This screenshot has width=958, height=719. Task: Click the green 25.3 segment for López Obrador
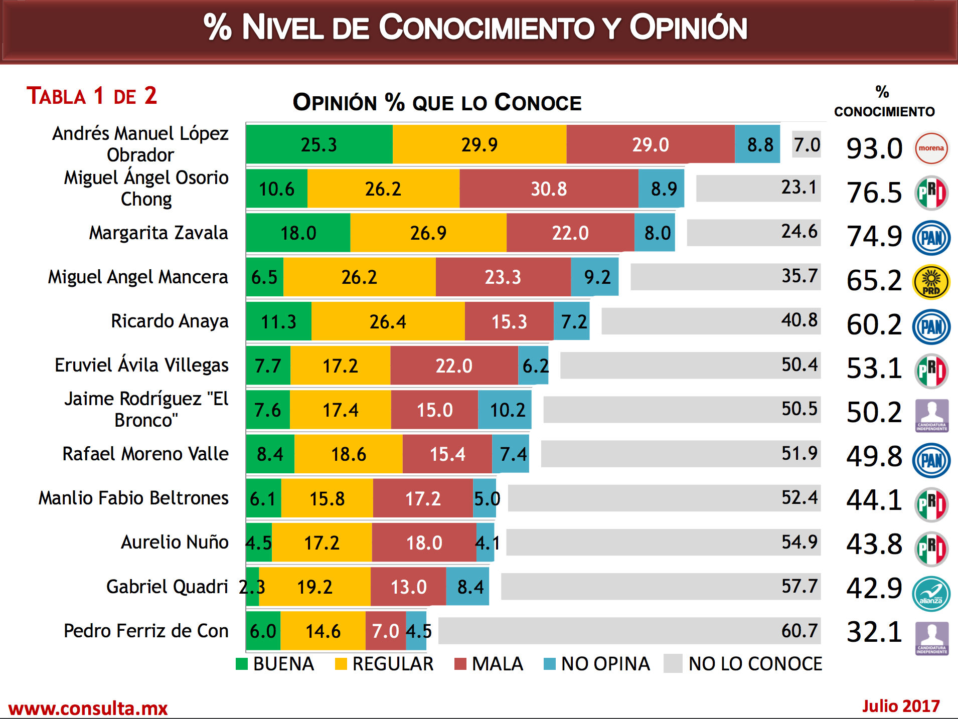(x=319, y=144)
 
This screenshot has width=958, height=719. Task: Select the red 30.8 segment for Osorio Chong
(x=549, y=189)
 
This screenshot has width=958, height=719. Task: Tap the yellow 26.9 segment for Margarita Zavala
(x=428, y=233)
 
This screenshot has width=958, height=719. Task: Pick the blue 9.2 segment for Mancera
(x=595, y=277)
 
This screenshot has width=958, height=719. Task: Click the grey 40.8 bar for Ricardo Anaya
(x=710, y=321)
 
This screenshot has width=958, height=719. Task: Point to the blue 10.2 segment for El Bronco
(x=505, y=410)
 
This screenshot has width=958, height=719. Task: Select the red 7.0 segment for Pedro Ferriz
(x=385, y=631)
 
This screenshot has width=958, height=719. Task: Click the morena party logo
(x=931, y=148)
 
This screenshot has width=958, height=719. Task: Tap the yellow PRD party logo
(x=931, y=282)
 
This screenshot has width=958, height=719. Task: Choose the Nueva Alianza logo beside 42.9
(x=931, y=594)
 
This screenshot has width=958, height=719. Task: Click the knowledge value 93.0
(x=874, y=149)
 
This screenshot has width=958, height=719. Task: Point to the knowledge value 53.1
(x=874, y=369)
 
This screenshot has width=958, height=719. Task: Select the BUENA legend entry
(x=275, y=664)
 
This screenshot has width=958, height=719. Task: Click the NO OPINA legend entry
(x=597, y=664)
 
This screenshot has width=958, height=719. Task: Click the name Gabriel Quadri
(x=167, y=586)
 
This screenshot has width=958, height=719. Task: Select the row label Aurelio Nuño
(x=175, y=542)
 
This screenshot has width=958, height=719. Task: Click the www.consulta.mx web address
(x=88, y=708)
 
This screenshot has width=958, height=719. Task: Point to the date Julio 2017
(x=900, y=706)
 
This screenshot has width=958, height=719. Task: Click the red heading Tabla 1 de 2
(x=92, y=96)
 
